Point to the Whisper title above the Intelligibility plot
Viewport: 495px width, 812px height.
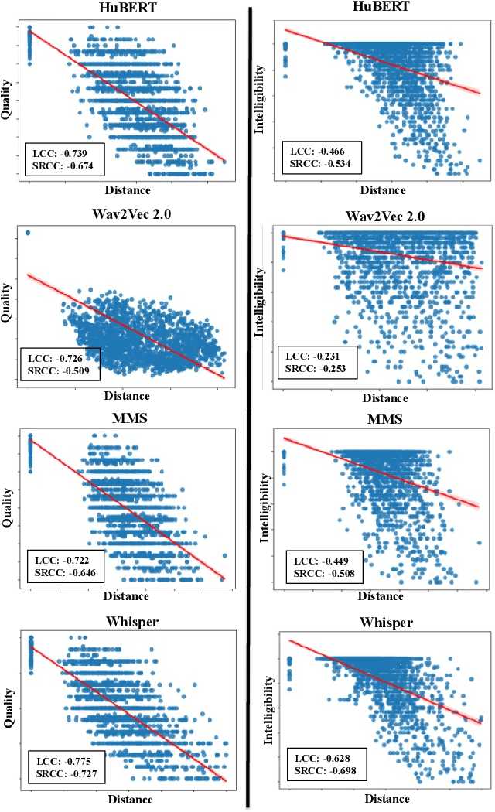pyautogui.click(x=387, y=623)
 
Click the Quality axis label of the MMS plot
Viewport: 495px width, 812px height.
pyautogui.click(x=8, y=507)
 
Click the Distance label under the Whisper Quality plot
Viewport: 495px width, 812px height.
pyautogui.click(x=130, y=799)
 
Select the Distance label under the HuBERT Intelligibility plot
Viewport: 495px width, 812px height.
pyautogui.click(x=383, y=190)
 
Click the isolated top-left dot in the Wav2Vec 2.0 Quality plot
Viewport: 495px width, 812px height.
pyautogui.click(x=29, y=233)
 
